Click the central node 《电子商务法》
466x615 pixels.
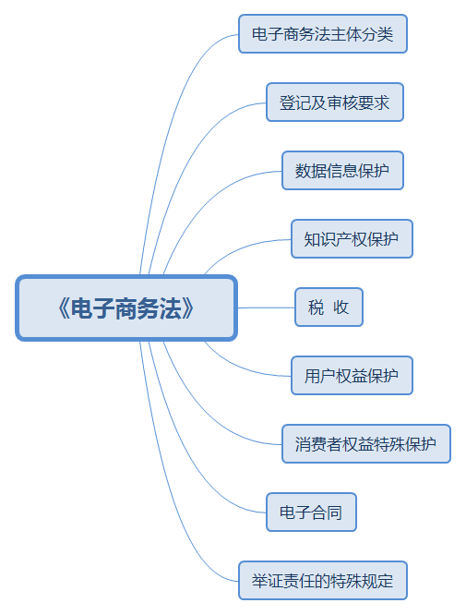[126, 307]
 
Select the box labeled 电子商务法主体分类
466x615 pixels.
[323, 34]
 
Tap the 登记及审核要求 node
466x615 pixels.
[335, 102]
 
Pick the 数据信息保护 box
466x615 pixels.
[342, 170]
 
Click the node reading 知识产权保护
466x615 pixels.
[352, 238]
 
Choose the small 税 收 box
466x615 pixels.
[329, 307]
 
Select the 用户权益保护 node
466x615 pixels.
[352, 375]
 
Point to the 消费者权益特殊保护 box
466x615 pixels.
[366, 443]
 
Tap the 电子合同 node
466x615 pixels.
[311, 512]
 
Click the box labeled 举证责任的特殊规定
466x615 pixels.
[323, 581]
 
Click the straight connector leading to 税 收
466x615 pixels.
[266, 307]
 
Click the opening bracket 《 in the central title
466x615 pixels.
[64, 308]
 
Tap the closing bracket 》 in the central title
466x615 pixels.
[187, 308]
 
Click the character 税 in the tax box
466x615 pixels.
[316, 307]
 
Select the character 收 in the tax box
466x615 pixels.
[341, 307]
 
